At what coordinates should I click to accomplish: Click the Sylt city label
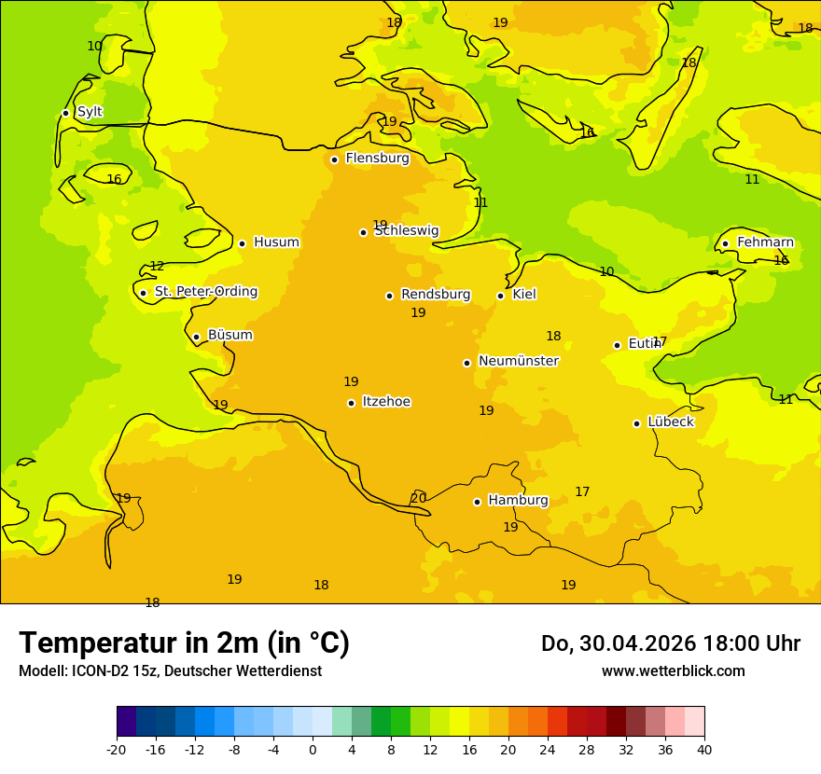tap(90, 112)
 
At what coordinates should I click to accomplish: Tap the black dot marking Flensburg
tap(334, 159)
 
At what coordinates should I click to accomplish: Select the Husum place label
tap(276, 242)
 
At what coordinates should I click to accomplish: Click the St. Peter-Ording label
tap(205, 292)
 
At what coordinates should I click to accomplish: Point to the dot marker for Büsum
tap(196, 337)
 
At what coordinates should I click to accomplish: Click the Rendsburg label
tap(436, 295)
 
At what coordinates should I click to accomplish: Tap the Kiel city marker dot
tap(500, 296)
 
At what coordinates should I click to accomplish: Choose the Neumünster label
tap(519, 361)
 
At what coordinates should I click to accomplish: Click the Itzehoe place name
tap(386, 402)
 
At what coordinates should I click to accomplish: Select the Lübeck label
tap(670, 422)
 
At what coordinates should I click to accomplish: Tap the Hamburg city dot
tap(477, 502)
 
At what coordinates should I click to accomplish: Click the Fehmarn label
tap(765, 242)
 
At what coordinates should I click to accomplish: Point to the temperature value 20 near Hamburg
tap(419, 498)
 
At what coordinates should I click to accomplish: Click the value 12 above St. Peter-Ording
tap(157, 267)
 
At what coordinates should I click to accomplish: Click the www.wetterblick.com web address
tap(673, 671)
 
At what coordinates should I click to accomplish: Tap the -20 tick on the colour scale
tap(117, 750)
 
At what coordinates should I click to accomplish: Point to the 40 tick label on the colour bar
tap(704, 750)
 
